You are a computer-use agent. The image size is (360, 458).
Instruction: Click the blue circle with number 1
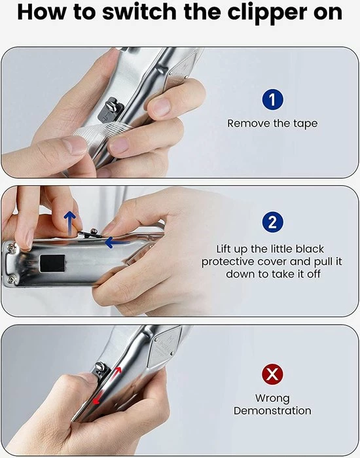tap(272, 99)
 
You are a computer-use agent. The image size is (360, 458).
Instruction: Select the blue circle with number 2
tap(272, 222)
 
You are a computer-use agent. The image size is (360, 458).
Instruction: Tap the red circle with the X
tap(272, 374)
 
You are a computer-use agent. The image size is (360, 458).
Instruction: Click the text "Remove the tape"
tap(272, 124)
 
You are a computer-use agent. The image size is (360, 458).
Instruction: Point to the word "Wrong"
tap(272, 398)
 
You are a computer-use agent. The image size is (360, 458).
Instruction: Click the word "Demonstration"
tap(272, 411)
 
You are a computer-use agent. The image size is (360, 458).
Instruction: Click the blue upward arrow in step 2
tap(69, 224)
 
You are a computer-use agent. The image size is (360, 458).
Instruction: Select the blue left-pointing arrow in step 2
tap(117, 243)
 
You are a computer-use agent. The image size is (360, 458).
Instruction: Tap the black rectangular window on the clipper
tap(52, 263)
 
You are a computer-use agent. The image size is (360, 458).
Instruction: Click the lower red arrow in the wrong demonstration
tap(98, 398)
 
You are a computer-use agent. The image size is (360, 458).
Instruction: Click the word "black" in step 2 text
tap(310, 249)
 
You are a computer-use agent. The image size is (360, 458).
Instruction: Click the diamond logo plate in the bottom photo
tap(164, 347)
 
